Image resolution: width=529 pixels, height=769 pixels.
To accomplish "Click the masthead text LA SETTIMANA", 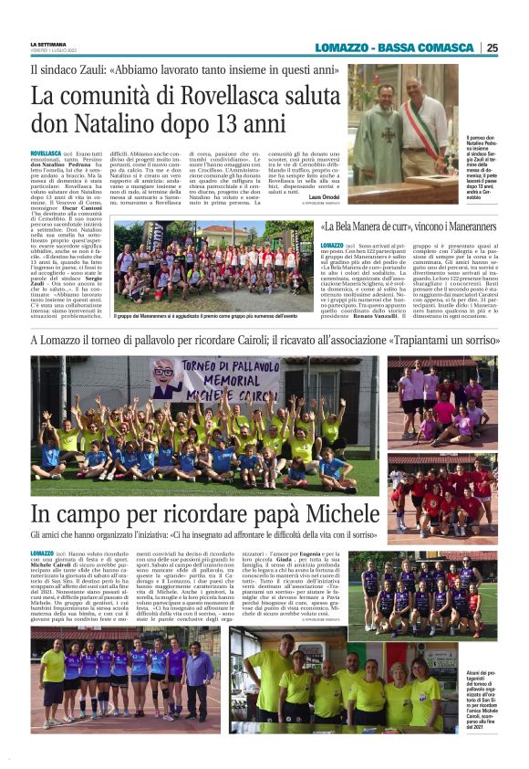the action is tap(48, 44).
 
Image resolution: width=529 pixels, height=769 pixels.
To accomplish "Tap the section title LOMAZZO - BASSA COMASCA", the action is tap(410, 47).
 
